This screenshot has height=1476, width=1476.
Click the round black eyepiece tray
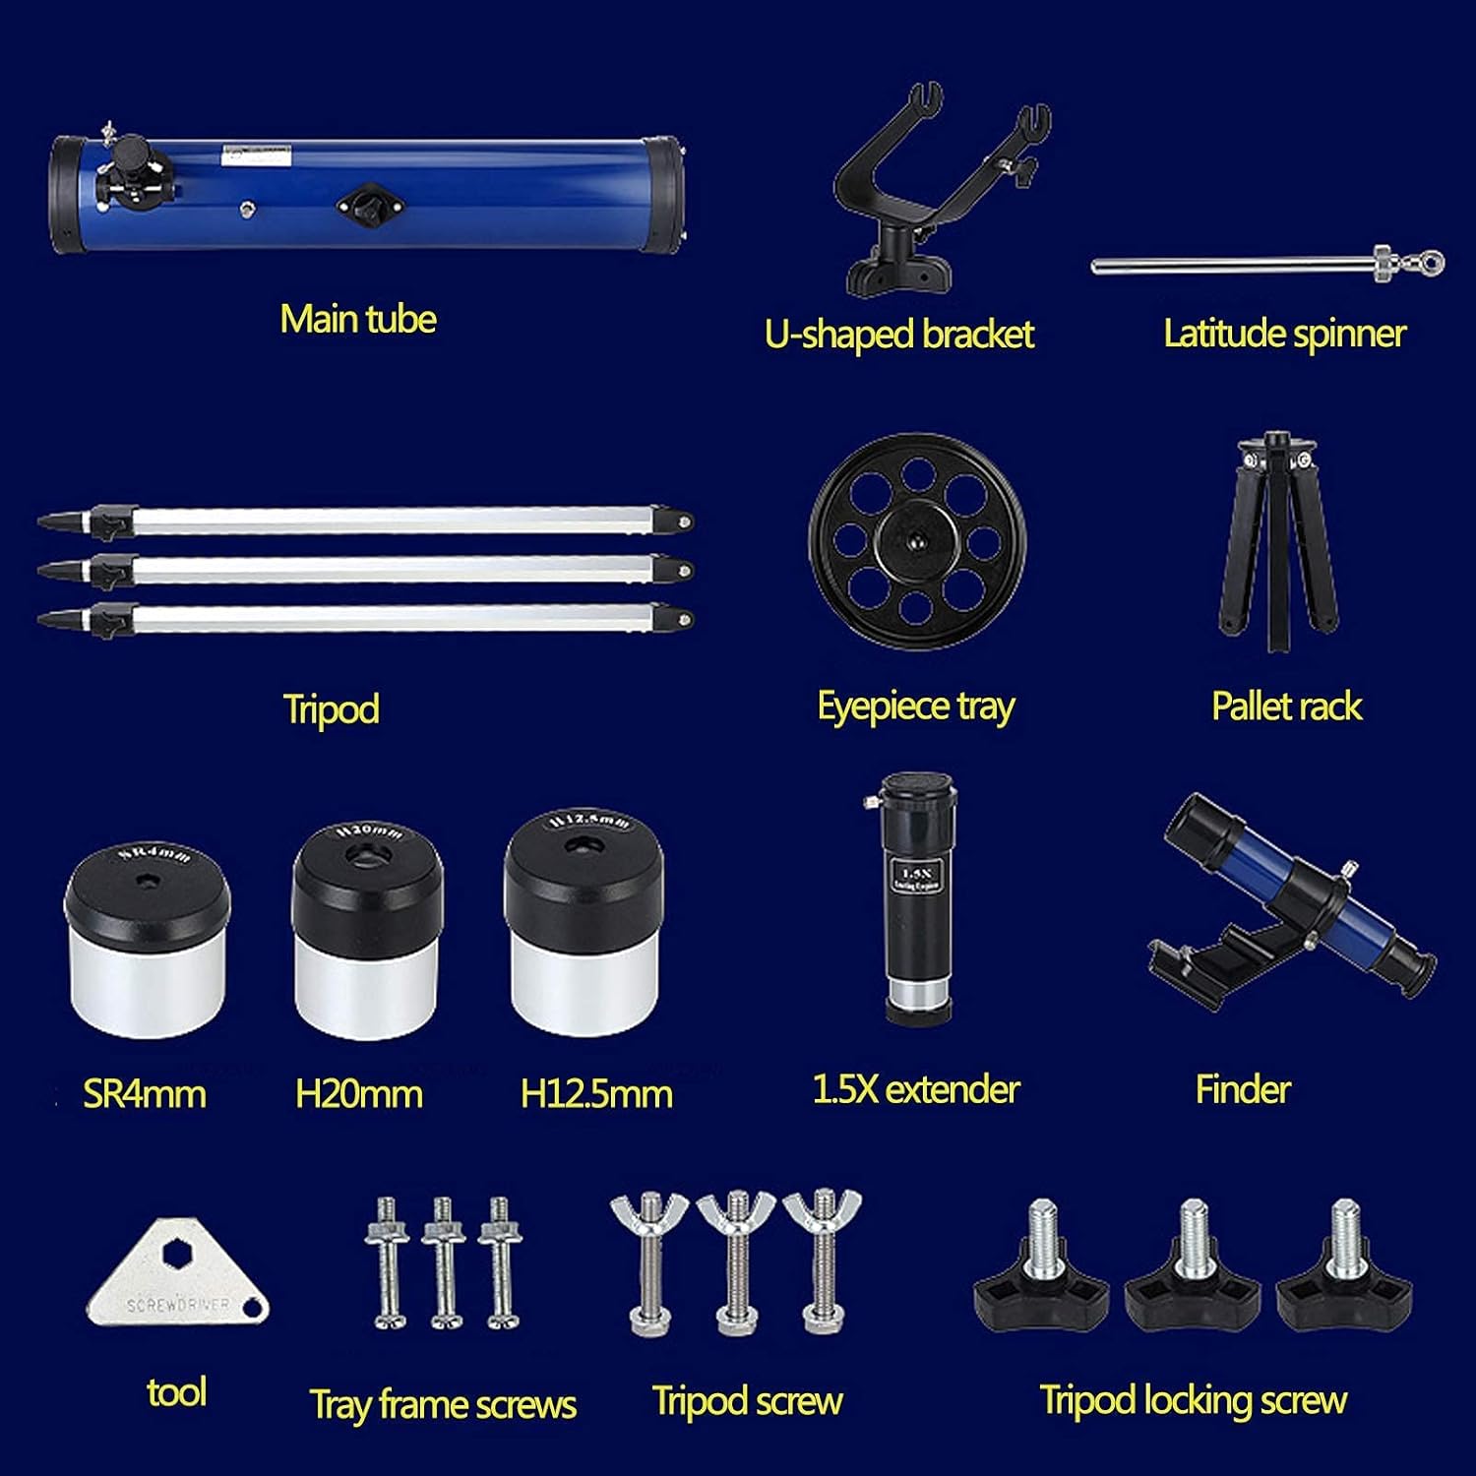(x=917, y=541)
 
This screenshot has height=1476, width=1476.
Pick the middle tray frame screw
(x=443, y=1264)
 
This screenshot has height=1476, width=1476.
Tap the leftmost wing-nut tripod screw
(x=649, y=1264)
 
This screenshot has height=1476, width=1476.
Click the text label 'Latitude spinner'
(x=1284, y=334)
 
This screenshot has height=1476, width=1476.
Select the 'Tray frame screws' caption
(x=443, y=1404)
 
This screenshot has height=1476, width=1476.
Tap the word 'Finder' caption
(x=1242, y=1089)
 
